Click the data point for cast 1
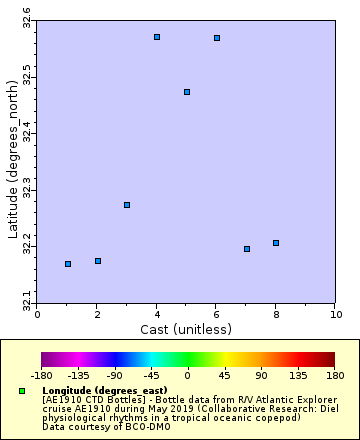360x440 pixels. (x=68, y=264)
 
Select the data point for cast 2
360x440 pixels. (x=98, y=261)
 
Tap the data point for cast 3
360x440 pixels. (x=127, y=205)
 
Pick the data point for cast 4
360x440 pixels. (x=157, y=37)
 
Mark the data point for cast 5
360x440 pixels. (x=187, y=92)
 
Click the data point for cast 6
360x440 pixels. (x=217, y=38)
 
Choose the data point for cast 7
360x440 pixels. (x=247, y=249)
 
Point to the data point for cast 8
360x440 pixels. (x=276, y=243)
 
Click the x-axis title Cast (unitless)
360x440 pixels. (x=187, y=329)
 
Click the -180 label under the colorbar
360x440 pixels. (x=41, y=376)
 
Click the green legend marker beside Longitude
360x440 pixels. (x=22, y=390)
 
